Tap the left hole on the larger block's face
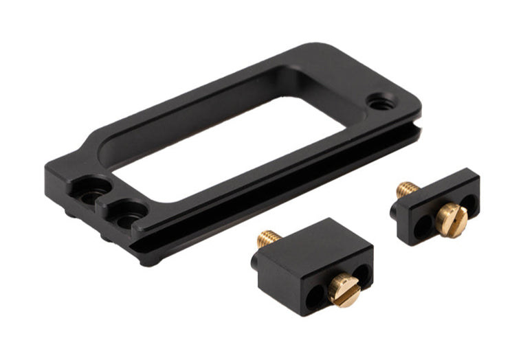click(x=315, y=297)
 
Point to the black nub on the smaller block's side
click(x=393, y=210)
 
